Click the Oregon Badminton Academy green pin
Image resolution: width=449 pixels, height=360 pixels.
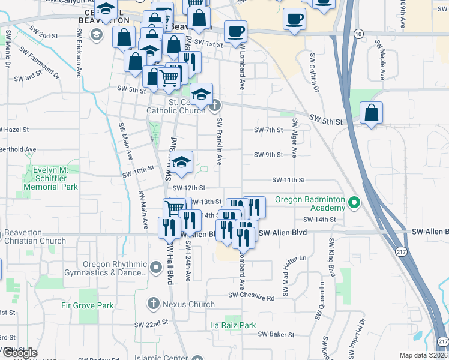[354, 203]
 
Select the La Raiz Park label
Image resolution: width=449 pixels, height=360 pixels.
[233, 326]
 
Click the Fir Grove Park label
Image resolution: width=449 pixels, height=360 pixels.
[88, 305]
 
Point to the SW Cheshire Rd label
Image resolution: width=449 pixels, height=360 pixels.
[251, 296]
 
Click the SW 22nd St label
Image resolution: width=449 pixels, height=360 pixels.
[151, 324]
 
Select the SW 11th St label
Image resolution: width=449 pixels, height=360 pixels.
[289, 180]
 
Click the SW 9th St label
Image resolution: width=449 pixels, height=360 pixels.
[268, 155]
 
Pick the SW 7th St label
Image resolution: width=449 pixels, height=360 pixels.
[268, 130]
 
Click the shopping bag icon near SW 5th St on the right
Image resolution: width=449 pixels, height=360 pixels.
[372, 113]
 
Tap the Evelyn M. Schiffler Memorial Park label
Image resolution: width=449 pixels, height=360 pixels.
[51, 178]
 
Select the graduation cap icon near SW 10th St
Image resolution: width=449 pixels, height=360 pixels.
[181, 163]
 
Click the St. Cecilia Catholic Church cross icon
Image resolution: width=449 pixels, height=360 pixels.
[215, 107]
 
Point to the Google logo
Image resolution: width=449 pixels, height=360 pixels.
[20, 353]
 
